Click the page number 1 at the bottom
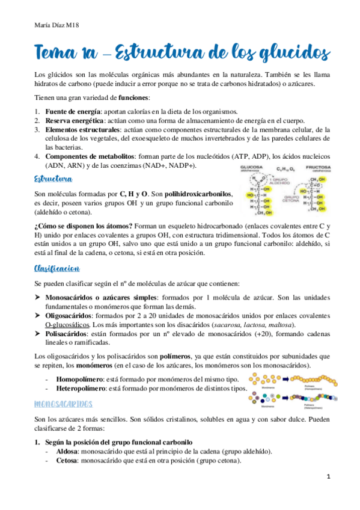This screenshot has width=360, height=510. [329, 476]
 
